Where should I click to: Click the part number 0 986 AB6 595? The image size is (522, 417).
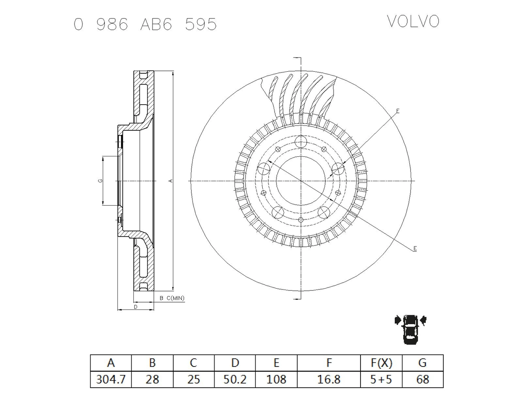point(145,25)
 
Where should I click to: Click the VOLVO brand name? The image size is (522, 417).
point(413,22)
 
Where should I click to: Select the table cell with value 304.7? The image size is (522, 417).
point(111,380)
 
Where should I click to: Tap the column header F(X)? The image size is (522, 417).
point(381,362)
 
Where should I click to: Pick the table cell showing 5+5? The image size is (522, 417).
point(381,380)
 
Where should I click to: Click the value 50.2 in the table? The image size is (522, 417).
point(235,380)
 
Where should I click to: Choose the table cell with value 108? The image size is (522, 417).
point(276,380)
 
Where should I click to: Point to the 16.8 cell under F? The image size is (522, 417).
point(329,380)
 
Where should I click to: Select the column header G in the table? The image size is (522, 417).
point(422,362)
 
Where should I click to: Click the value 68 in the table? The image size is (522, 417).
point(422,380)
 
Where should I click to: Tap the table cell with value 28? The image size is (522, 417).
point(152,380)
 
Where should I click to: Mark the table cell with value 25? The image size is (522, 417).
point(193,380)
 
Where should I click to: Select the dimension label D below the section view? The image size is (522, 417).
point(135,307)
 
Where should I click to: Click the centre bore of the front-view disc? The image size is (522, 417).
point(300,180)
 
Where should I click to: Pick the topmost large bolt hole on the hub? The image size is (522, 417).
point(301,142)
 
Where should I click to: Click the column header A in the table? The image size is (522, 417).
point(111,362)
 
